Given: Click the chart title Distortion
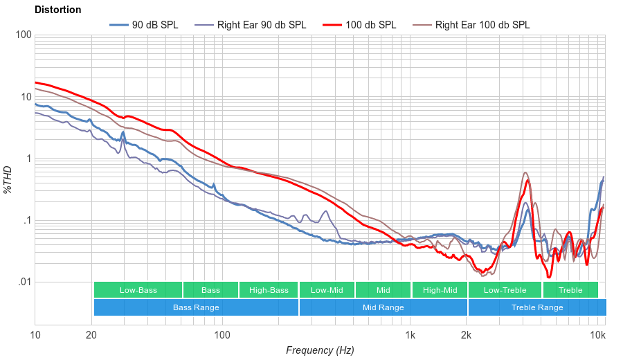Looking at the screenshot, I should point(57,10).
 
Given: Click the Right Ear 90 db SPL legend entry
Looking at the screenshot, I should point(261,25).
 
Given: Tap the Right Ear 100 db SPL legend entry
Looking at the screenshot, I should point(482,25).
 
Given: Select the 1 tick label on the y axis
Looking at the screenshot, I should point(27,159).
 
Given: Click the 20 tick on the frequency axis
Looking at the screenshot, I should point(91,335).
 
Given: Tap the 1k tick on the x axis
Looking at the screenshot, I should point(410,335).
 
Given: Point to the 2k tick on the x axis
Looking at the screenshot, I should point(467,335).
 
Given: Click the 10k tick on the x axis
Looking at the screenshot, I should point(597,335).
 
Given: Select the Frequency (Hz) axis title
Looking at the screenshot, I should point(319,350).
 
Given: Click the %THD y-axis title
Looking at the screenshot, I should point(8,179).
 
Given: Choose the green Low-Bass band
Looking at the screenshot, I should point(138,290).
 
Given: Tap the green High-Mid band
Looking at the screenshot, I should point(440,290).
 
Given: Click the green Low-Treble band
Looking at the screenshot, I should point(505,290).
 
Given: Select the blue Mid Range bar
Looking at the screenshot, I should point(383,307).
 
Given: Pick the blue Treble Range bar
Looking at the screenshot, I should point(536,307).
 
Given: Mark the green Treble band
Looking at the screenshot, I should point(570,290).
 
